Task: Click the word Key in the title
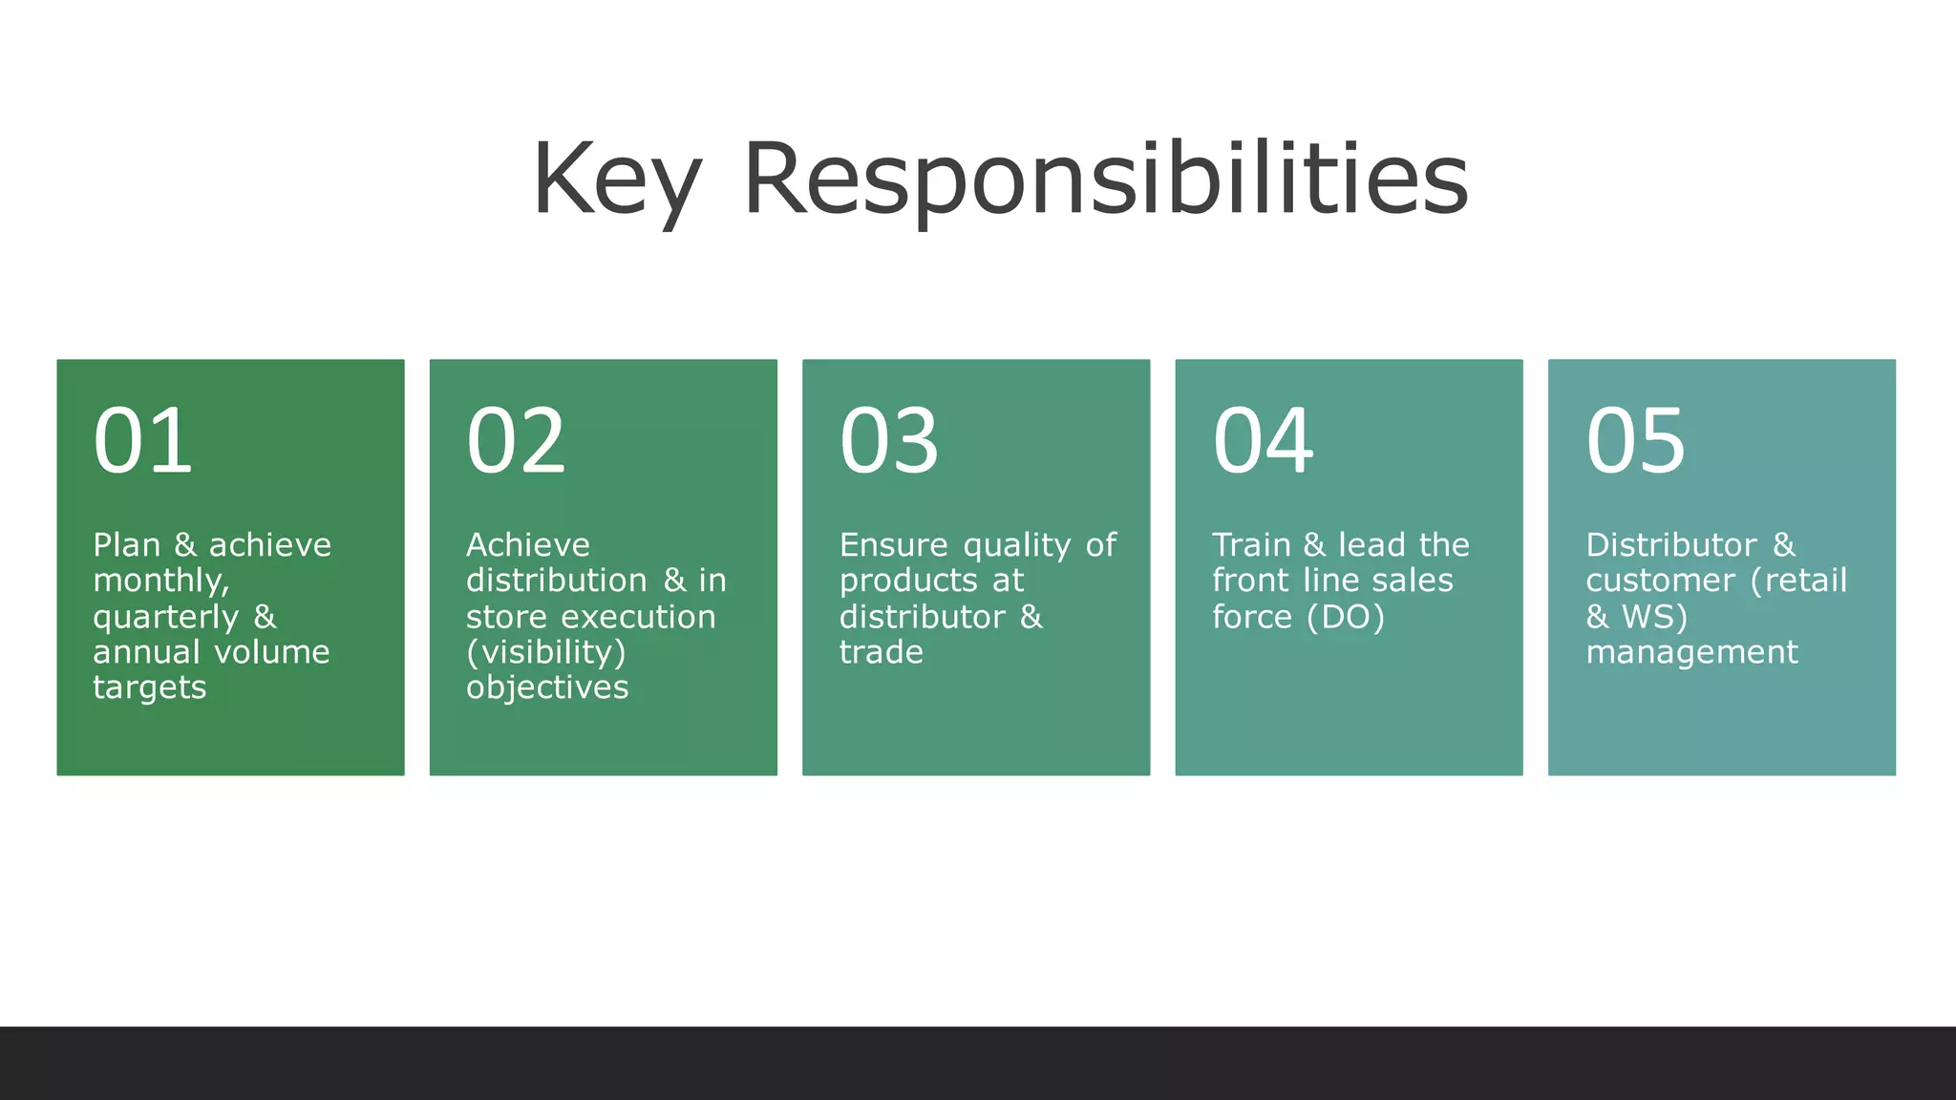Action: point(617,180)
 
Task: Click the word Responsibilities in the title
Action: point(1105,180)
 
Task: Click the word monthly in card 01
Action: point(159,582)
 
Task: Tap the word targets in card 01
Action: point(149,687)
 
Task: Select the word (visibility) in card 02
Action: point(545,652)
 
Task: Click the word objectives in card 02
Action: point(547,687)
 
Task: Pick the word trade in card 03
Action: point(881,652)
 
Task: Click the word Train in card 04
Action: point(1251,545)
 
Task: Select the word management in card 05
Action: point(1691,652)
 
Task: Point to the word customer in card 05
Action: point(1660,581)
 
